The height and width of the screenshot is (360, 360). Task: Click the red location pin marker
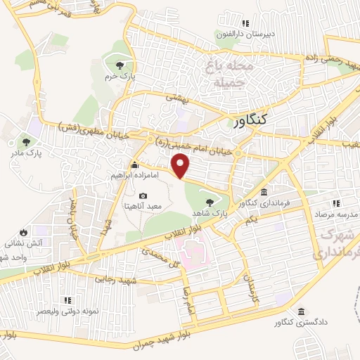tap(182, 166)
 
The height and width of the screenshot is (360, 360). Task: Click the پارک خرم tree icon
tap(118, 65)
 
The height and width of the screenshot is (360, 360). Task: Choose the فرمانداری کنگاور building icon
tap(264, 193)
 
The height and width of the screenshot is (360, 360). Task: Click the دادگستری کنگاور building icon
tap(302, 311)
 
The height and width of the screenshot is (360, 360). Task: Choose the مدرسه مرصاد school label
tap(333, 213)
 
